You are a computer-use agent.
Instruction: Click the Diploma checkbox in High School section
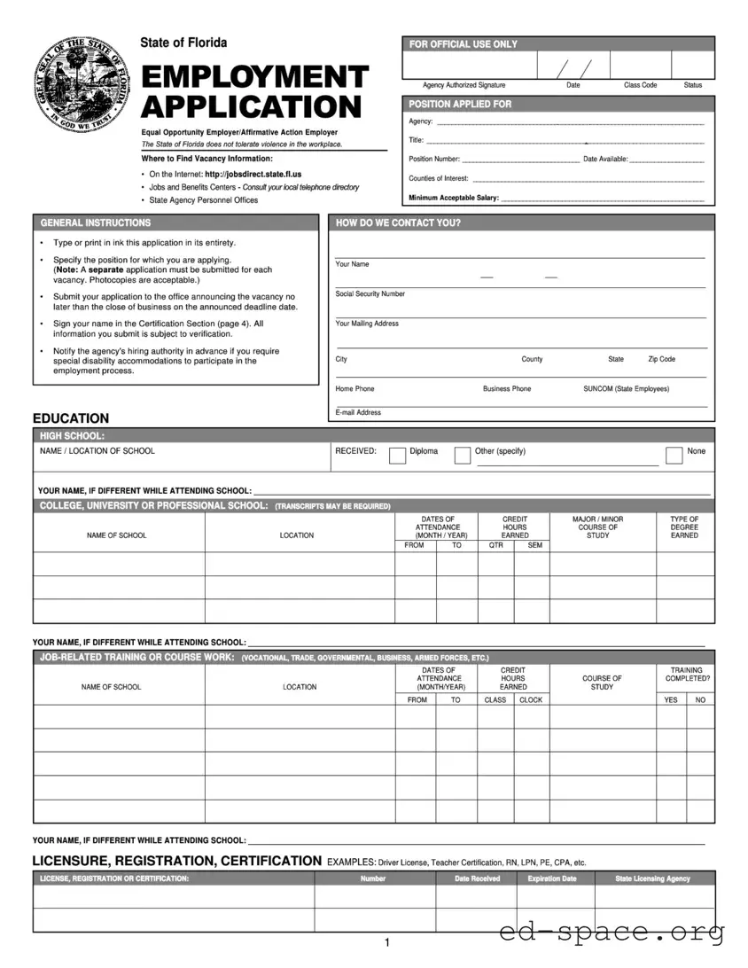pyautogui.click(x=398, y=456)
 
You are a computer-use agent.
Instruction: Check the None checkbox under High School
pyautogui.click(x=674, y=456)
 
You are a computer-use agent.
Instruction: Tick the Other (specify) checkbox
pyautogui.click(x=463, y=456)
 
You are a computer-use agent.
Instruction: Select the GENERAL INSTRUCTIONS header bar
pyautogui.click(x=175, y=223)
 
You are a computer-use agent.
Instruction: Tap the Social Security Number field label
pyautogui.click(x=370, y=293)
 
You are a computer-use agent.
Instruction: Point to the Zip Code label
pyautogui.click(x=661, y=359)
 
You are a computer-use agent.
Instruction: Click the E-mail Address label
pyautogui.click(x=358, y=412)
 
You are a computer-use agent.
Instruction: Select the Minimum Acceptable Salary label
pyautogui.click(x=453, y=198)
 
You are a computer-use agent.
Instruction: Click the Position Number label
pyautogui.click(x=434, y=160)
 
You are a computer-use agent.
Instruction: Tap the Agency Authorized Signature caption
pyautogui.click(x=464, y=85)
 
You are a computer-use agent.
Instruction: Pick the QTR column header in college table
pyautogui.click(x=496, y=545)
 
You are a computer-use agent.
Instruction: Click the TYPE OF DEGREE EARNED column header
pyautogui.click(x=684, y=527)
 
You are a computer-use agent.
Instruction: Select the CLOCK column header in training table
pyautogui.click(x=531, y=699)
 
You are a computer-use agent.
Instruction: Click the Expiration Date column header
pyautogui.click(x=551, y=878)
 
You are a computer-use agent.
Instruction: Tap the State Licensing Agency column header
pyautogui.click(x=652, y=878)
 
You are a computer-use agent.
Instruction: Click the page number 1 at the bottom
pyautogui.click(x=387, y=943)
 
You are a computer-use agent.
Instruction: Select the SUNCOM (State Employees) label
pyautogui.click(x=626, y=388)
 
